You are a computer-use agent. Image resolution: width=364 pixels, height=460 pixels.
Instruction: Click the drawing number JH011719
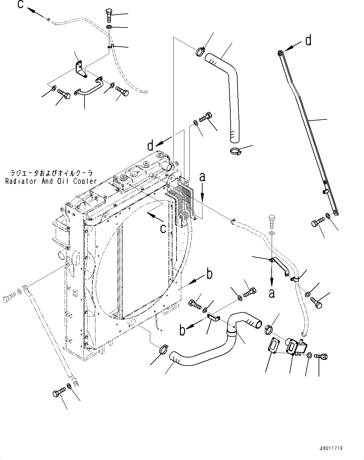pos(331,448)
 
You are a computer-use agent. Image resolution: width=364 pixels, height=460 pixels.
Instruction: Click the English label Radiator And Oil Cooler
pos(51,181)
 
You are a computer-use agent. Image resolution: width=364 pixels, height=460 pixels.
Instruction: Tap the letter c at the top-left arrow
pos(21,5)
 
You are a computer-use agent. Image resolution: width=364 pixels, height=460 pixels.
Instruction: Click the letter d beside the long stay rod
pos(308,40)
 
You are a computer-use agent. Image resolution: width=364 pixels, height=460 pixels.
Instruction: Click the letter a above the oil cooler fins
pos(203,177)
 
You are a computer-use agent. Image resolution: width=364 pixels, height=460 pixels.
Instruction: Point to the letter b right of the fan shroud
pos(209,274)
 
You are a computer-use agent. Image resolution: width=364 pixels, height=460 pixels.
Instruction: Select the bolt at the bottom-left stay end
pos(59,391)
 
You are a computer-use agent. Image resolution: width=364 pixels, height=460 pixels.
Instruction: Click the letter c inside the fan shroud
pos(163,229)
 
